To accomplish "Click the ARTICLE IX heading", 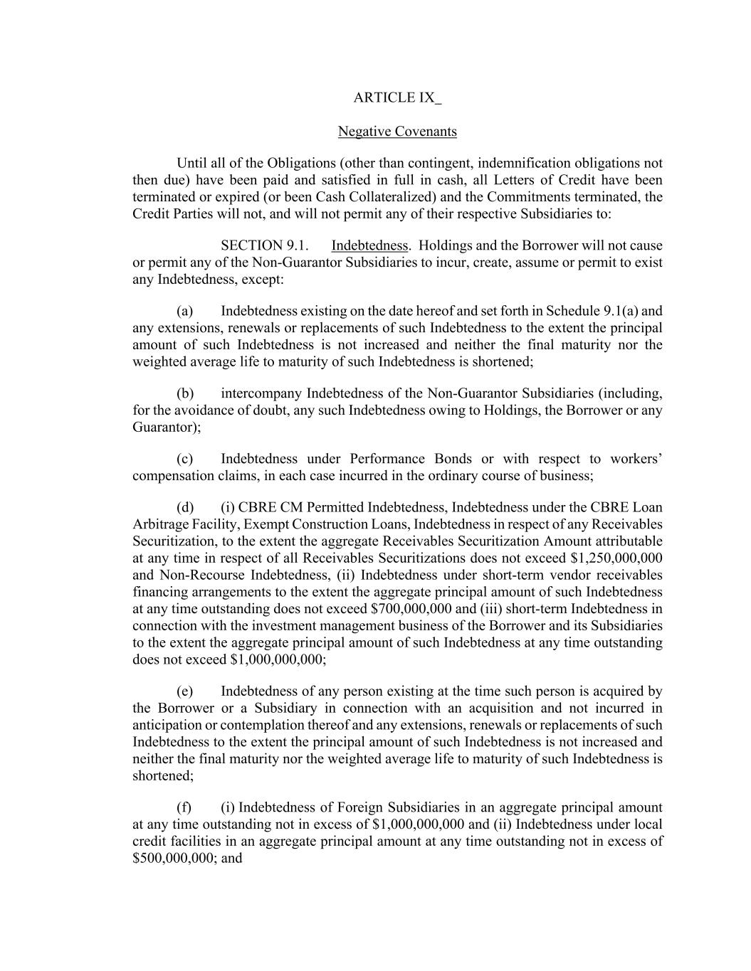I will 396,98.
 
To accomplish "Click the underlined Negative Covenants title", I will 397,132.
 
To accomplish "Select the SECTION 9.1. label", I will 265,245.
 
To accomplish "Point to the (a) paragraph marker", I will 185,311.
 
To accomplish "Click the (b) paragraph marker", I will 185,393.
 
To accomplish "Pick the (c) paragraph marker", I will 185,459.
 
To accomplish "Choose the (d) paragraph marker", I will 185,507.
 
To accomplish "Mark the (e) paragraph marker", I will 185,691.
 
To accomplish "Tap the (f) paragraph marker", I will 184,807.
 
